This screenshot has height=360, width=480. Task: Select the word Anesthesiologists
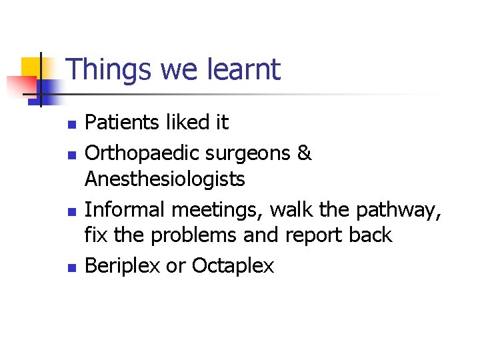(x=165, y=179)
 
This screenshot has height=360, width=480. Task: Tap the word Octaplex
(x=233, y=266)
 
